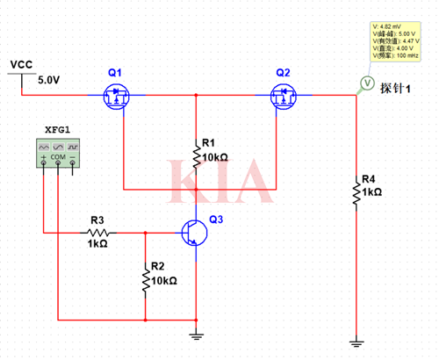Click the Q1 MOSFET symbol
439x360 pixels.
point(116,94)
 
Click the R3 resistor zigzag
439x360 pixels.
point(97,233)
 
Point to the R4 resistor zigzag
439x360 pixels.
point(356,192)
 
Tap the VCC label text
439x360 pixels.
point(20,65)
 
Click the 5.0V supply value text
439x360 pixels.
point(49,80)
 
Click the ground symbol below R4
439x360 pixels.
point(356,342)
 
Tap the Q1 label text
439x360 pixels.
point(115,71)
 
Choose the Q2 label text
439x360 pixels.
point(283,71)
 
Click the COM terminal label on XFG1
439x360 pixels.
point(58,156)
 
